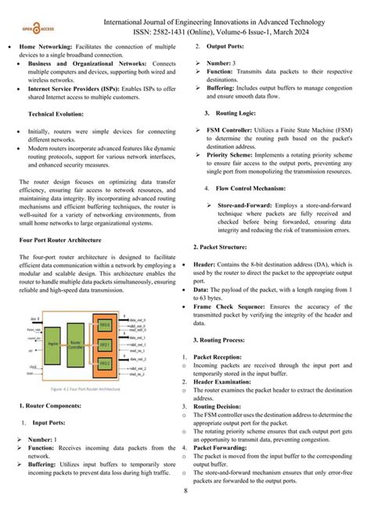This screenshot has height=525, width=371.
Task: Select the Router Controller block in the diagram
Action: pos(77,343)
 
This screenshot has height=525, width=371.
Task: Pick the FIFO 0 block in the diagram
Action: pos(104,324)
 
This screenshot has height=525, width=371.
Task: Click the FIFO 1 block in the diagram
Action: pos(104,344)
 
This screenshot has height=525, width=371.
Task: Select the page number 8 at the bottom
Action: pos(185,513)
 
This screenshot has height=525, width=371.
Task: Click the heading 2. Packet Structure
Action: pos(223,247)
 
